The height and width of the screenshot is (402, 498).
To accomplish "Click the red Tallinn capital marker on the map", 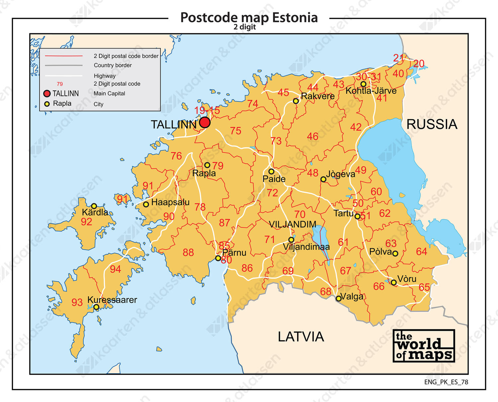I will click(x=205, y=122).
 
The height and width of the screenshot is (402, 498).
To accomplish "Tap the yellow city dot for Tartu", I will click(x=357, y=216).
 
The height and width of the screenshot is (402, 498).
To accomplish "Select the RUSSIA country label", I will click(x=432, y=124).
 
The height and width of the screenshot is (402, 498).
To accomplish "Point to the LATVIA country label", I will click(x=300, y=337).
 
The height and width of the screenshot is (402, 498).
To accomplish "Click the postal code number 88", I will click(x=188, y=253).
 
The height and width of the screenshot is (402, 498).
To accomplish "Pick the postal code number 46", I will click(x=312, y=136).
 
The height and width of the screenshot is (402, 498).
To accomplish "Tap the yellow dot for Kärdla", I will click(x=94, y=206).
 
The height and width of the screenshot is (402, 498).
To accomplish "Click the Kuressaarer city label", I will click(x=112, y=300).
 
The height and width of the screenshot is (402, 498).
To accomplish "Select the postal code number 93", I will click(x=77, y=302).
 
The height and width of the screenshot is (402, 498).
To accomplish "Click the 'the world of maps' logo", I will click(x=424, y=346).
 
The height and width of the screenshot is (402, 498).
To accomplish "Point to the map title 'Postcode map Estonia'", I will click(x=249, y=18).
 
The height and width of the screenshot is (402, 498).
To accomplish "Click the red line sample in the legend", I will click(x=63, y=56).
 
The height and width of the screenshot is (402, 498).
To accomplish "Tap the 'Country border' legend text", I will click(x=113, y=65).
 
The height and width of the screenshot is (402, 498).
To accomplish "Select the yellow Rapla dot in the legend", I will click(x=47, y=104).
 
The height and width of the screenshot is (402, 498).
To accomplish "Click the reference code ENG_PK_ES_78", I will click(x=446, y=382).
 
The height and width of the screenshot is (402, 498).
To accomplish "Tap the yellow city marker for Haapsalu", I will click(x=146, y=204).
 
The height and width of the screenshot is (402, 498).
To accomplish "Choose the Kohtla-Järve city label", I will click(x=371, y=91).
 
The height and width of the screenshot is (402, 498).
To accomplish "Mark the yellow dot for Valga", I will click(x=338, y=298).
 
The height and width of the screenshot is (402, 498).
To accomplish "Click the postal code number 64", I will click(x=421, y=251).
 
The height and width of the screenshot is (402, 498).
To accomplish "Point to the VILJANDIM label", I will click(x=292, y=224).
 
